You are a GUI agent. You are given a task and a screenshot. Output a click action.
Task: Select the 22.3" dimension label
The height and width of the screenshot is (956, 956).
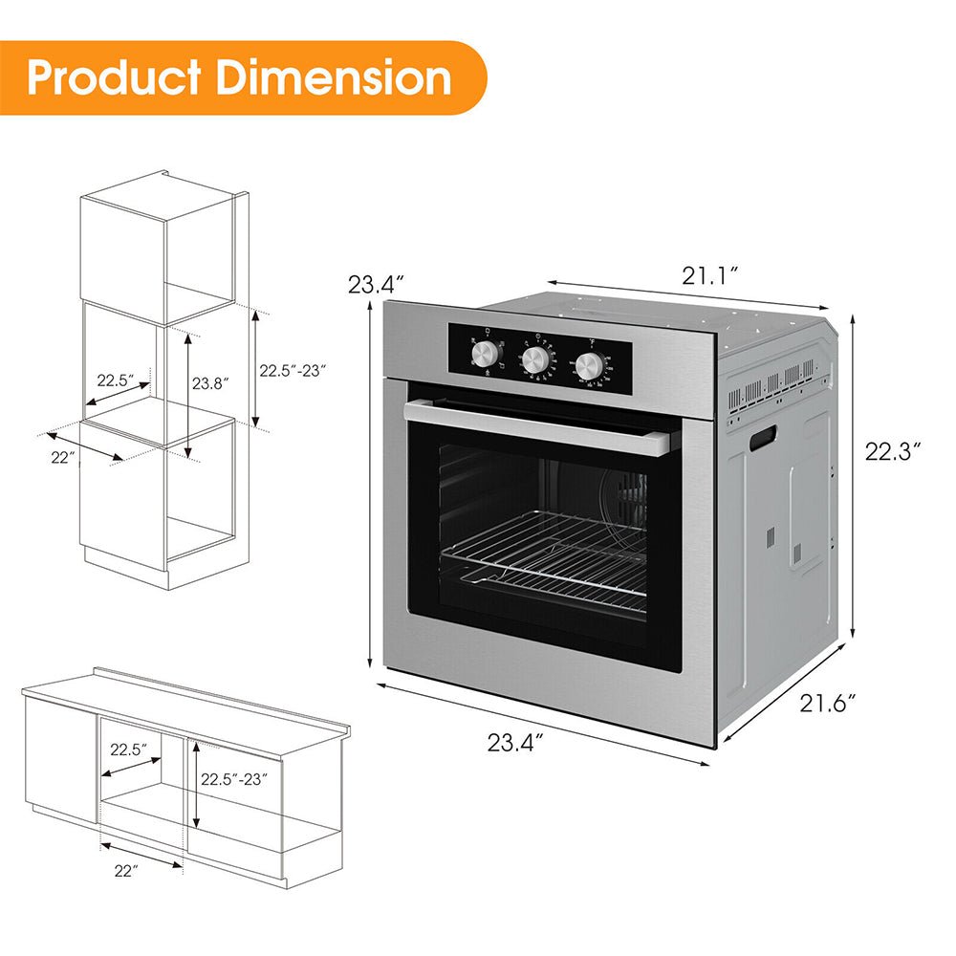(893, 451)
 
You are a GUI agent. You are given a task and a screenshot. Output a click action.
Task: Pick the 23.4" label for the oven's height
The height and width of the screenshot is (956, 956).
(376, 284)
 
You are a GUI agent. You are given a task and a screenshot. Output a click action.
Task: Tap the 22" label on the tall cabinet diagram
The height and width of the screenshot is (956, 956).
(64, 457)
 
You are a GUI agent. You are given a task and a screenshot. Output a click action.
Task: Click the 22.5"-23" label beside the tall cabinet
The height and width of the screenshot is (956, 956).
(293, 370)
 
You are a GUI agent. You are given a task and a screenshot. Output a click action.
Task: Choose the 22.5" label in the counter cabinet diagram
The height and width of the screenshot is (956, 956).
(130, 750)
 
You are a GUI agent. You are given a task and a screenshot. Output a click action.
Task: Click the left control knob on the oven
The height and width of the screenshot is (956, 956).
(487, 355)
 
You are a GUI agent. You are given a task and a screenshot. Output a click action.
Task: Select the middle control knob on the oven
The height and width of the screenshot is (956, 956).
(535, 359)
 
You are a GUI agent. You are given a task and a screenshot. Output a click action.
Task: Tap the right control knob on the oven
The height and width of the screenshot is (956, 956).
(589, 364)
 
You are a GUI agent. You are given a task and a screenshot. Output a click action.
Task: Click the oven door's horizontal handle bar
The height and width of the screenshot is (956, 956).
(536, 426)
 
